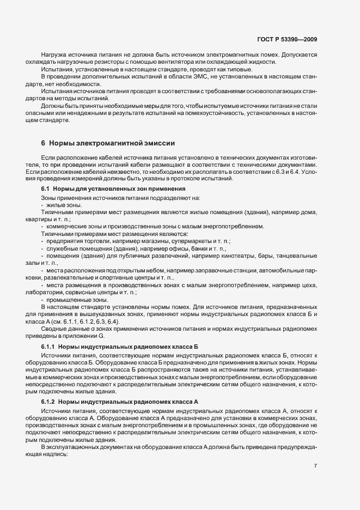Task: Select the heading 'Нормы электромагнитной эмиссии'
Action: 112,143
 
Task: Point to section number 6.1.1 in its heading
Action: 47,347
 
